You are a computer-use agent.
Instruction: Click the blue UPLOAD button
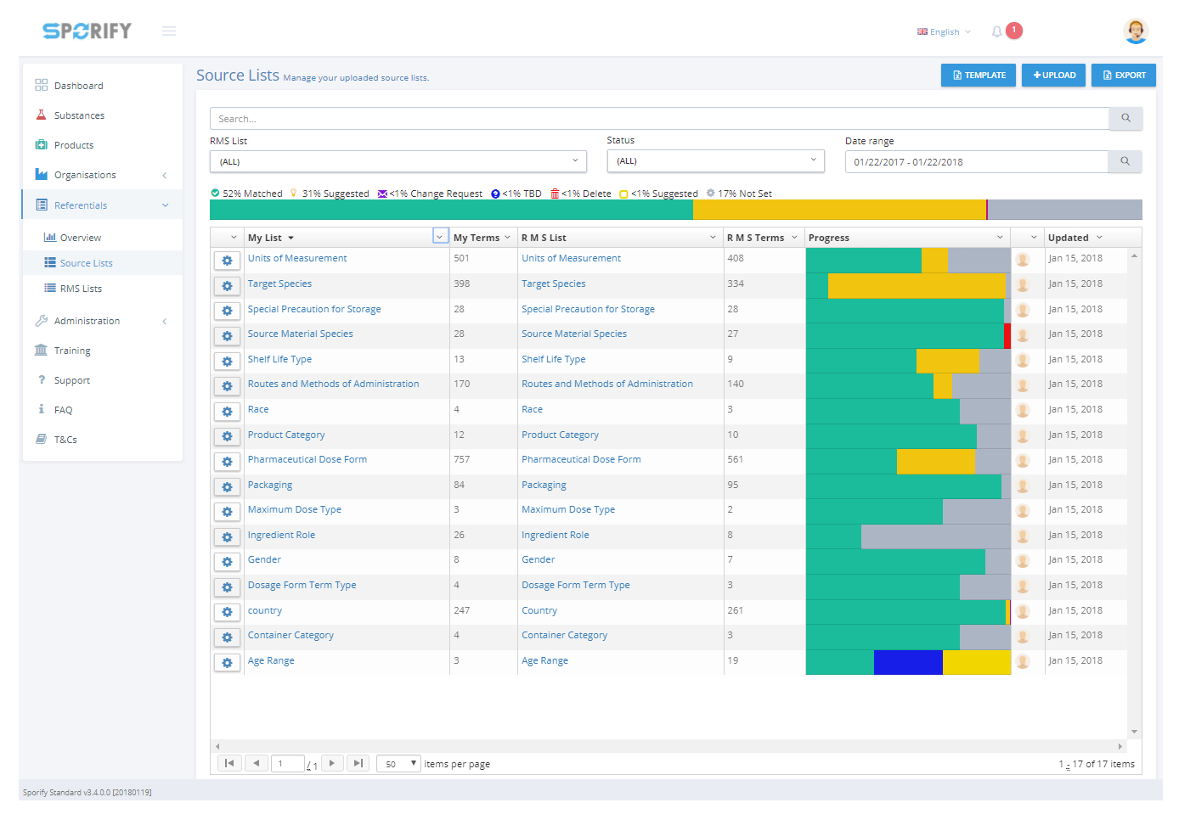pos(1053,76)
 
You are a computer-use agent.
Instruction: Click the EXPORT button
pos(1123,76)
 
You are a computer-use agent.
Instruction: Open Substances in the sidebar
pos(79,115)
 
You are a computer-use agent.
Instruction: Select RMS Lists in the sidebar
pos(81,289)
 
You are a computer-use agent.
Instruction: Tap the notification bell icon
pos(996,31)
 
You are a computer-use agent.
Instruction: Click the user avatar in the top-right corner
pos(1135,31)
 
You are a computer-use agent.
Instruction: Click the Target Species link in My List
pos(279,283)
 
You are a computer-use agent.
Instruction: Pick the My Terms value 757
pos(461,459)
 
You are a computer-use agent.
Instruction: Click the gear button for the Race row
pos(227,412)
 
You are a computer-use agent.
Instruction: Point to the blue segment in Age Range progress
pos(908,662)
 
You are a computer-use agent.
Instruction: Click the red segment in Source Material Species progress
pos(1007,335)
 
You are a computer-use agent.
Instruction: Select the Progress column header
pos(829,238)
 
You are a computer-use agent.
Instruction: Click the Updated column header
pos(1068,238)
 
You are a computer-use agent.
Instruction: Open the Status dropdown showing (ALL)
pos(715,161)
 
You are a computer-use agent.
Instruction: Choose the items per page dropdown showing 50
pos(398,764)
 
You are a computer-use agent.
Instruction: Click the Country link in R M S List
pos(539,610)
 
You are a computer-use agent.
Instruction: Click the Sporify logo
pos(87,31)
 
